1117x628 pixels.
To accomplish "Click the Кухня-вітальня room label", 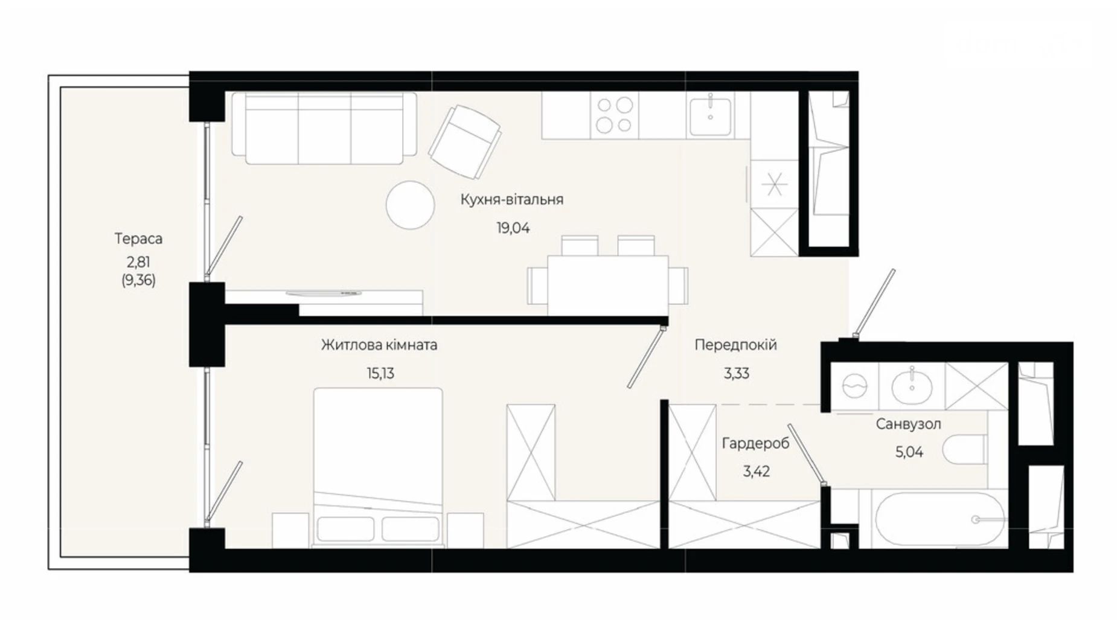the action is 511,199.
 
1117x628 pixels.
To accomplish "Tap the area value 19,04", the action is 513,228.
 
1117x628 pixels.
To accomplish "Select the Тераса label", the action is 138,239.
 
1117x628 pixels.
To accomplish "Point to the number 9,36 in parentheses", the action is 138,280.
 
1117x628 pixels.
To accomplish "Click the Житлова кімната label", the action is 379,345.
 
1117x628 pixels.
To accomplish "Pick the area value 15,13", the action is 380,373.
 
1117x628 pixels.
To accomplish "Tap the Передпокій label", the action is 735,345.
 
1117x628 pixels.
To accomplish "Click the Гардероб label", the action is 755,443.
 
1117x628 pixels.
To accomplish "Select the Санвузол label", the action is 908,425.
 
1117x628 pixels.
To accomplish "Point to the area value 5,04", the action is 909,452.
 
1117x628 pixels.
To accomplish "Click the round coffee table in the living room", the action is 410,205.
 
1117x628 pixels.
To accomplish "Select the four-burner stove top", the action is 615,115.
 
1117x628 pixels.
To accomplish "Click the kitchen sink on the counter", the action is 710,115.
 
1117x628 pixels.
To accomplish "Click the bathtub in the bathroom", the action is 932,519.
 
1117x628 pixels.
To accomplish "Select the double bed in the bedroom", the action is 377,467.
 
